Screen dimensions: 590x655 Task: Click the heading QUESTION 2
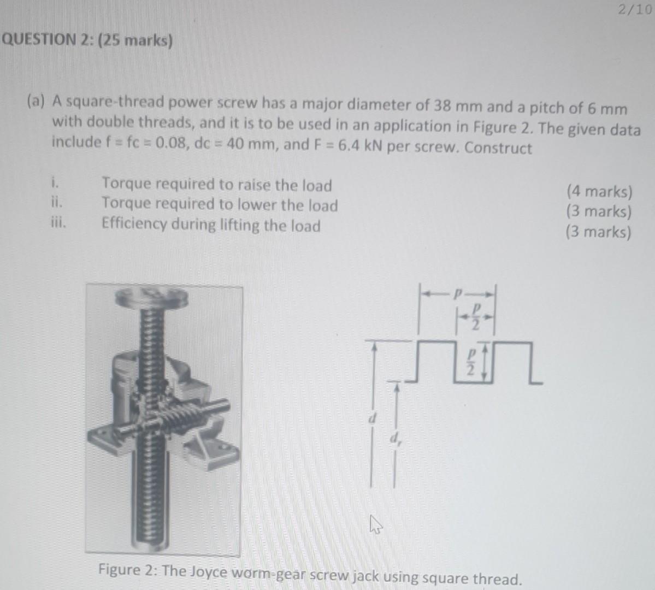pos(87,40)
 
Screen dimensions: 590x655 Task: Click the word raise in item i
pos(251,185)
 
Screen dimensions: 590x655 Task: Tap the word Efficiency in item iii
pos(133,225)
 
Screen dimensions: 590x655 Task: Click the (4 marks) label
pos(599,192)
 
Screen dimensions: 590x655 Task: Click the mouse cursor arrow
pos(375,525)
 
